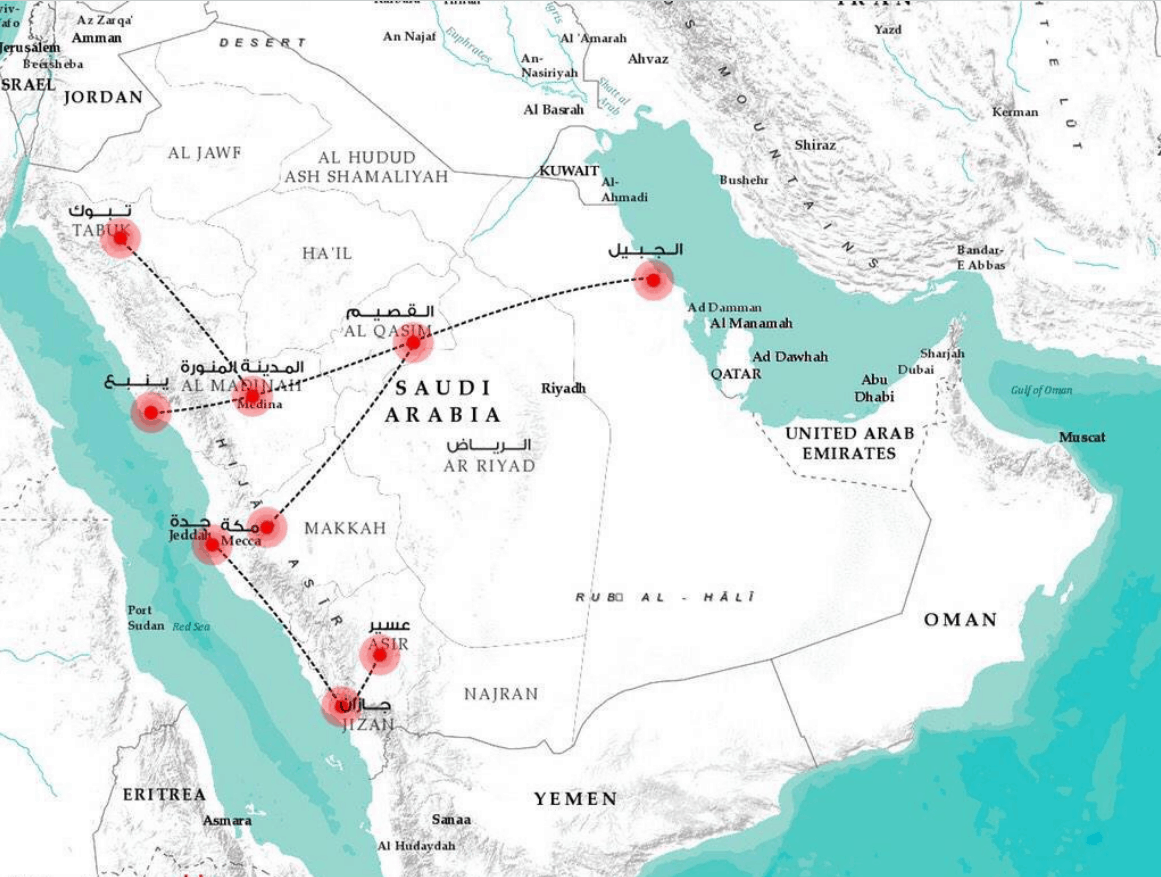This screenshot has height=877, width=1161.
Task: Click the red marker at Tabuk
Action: pos(120,238)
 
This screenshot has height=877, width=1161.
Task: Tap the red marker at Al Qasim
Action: pos(412,343)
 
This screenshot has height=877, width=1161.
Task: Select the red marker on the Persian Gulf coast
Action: pos(653,281)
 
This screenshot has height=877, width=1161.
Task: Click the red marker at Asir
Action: pos(380,655)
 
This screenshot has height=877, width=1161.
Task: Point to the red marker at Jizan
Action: pos(342,705)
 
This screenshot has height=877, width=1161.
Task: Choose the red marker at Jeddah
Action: pos(212,545)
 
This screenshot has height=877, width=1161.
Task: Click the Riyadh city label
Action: pos(563,388)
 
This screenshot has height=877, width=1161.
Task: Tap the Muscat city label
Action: pos(1082,437)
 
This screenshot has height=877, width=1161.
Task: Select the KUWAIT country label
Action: pos(568,171)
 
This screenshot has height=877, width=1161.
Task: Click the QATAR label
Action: pos(735,373)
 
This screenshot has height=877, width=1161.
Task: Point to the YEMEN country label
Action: pos(575,798)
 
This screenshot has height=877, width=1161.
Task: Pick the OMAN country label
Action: pos(960,620)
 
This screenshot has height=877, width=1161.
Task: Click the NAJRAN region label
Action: pos(501,693)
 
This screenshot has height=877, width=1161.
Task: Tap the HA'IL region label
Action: pos(327,254)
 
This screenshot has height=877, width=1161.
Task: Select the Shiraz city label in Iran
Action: pos(815,145)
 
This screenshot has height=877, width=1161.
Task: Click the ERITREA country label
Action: pos(164,794)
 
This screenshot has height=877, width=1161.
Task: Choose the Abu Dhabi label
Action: pos(874,388)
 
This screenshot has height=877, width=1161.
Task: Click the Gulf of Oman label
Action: pos(1040,390)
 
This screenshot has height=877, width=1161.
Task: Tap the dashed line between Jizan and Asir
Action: pos(362,680)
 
